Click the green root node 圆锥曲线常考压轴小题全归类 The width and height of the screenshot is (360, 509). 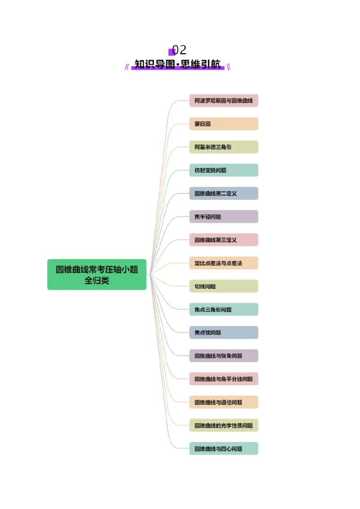97,274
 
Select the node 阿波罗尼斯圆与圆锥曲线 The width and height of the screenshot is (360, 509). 224,101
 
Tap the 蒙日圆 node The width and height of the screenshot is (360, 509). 224,124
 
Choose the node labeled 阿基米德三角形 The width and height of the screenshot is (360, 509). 224,147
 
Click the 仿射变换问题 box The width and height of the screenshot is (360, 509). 224,170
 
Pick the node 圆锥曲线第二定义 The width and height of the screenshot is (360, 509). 224,193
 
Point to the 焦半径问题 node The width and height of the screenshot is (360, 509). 224,217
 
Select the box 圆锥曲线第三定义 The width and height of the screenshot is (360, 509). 224,240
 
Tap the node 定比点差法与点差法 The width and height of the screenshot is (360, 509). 224,263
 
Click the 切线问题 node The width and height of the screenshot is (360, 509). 224,286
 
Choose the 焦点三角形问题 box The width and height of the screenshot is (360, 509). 224,309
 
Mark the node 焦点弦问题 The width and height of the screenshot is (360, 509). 224,333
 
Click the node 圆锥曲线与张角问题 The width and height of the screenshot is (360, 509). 224,356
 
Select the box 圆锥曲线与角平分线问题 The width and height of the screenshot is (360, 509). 224,379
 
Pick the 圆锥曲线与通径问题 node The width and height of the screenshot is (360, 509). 224,402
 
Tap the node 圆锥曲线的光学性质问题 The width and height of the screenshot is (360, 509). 224,425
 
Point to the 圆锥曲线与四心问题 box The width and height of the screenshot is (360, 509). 224,448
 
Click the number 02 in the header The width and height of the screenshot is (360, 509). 179,50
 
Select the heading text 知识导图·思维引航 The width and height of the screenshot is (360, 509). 178,65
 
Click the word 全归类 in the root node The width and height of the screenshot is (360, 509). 97,281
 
